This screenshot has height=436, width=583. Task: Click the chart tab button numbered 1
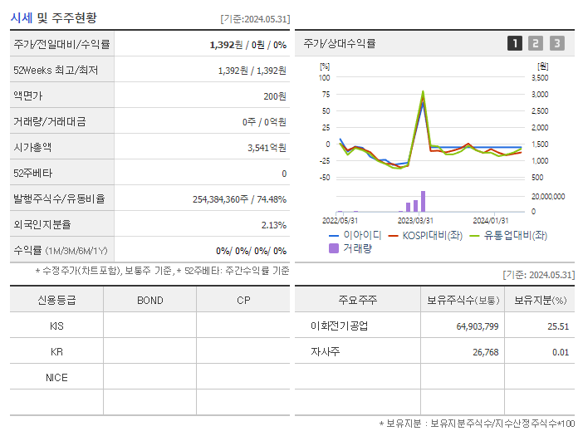coord(515,43)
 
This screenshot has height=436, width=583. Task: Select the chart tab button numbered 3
coord(556,43)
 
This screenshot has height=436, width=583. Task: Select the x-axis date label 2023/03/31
coord(415,220)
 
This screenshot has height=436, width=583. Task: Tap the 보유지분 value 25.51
coord(557,326)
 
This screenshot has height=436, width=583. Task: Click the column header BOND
coord(149,301)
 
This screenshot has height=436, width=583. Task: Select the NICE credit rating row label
coord(56,378)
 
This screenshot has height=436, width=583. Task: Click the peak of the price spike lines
coord(423,92)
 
